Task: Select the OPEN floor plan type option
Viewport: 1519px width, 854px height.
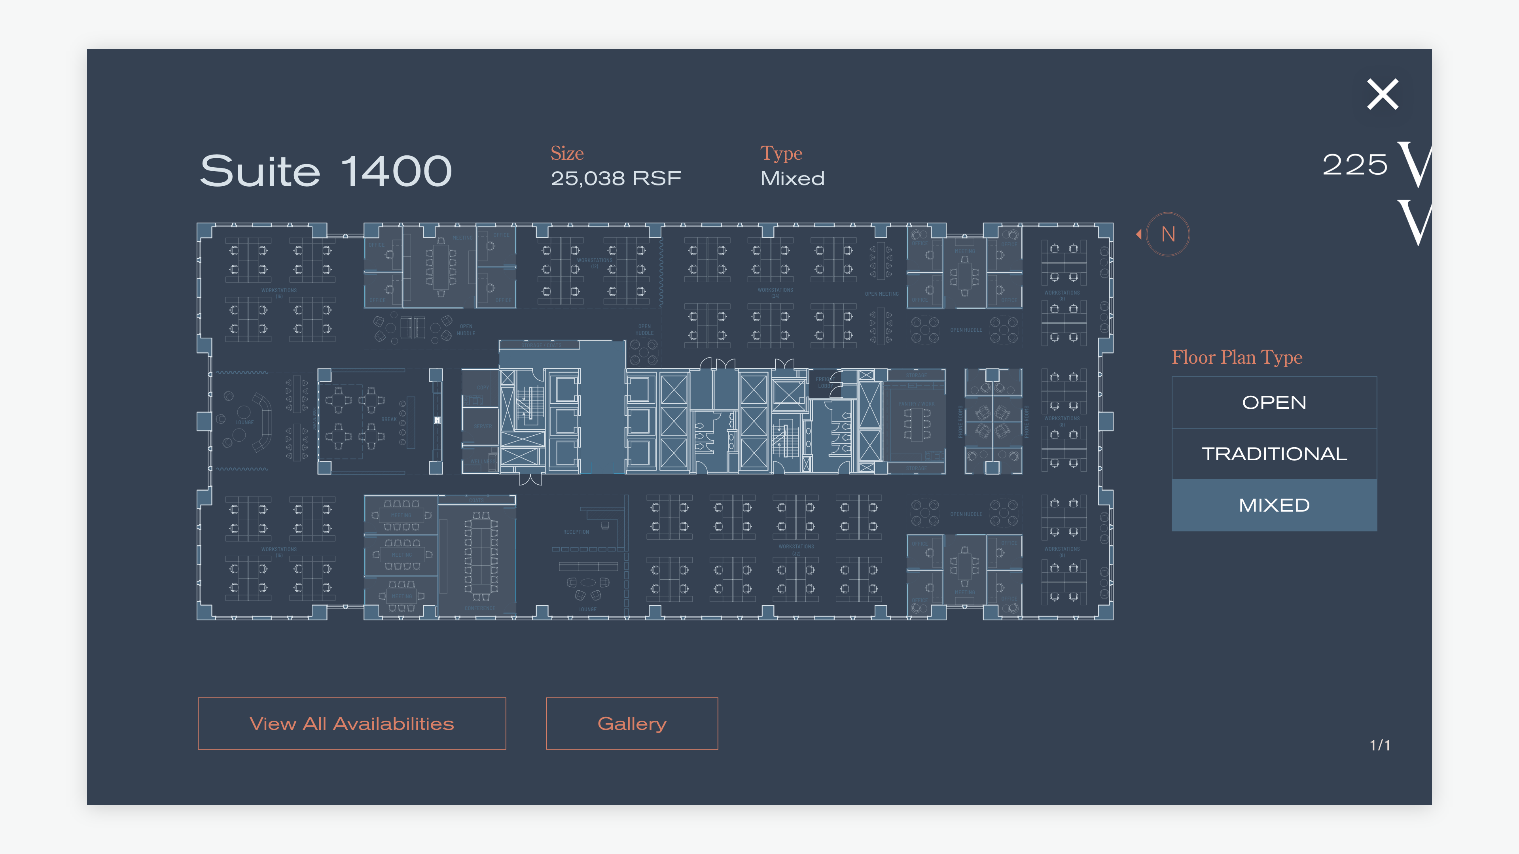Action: coord(1274,402)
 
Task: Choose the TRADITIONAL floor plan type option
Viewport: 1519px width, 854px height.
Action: coord(1274,454)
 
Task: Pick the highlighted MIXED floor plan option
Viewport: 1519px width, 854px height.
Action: coord(1274,505)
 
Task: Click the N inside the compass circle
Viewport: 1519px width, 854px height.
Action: coord(1168,234)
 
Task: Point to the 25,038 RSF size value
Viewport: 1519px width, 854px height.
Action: coord(616,178)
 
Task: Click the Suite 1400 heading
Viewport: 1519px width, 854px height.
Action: coord(326,171)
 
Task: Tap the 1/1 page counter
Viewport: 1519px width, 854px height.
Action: coord(1380,746)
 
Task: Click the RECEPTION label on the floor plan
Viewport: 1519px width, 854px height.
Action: coord(576,532)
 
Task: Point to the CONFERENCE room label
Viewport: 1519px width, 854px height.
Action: coord(479,608)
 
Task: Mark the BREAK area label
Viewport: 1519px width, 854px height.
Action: coord(388,419)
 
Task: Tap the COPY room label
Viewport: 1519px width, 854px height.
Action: coord(482,388)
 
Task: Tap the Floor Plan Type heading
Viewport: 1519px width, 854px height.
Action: coord(1237,357)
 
